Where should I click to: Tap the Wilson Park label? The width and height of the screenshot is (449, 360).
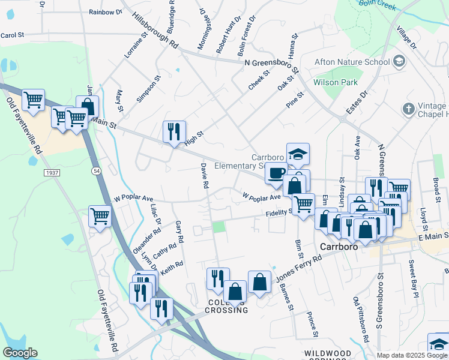(335, 82)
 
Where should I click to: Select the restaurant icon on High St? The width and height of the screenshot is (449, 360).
(174, 131)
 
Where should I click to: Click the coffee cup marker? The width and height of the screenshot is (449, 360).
(276, 173)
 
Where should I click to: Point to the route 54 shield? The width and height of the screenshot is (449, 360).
(96, 172)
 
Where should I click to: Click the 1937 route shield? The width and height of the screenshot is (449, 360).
(51, 172)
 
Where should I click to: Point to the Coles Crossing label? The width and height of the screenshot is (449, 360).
(226, 305)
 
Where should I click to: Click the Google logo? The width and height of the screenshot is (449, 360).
(20, 353)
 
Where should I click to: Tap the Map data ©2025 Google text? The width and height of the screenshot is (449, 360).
(412, 355)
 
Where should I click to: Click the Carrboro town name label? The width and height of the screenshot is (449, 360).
(339, 247)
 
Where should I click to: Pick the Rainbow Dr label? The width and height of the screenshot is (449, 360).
(105, 12)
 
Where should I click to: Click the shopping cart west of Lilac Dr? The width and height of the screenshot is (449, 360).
(100, 215)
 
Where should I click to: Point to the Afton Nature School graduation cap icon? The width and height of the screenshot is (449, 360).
(399, 61)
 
